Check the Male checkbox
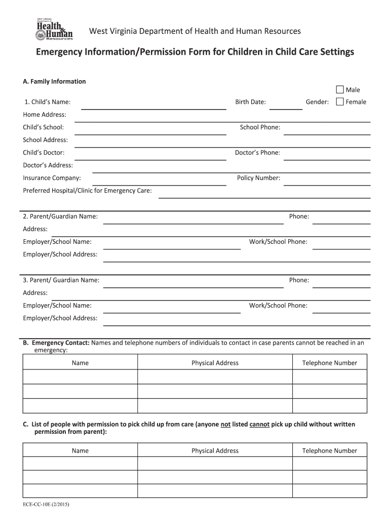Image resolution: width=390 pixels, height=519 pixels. click(x=340, y=90)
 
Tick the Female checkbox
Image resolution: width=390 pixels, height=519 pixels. click(x=340, y=101)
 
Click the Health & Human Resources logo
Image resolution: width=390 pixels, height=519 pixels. click(x=54, y=29)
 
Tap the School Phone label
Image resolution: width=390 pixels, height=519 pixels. click(x=260, y=127)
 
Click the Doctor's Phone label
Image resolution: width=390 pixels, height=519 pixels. click(x=257, y=153)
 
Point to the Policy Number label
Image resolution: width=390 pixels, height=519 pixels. click(x=258, y=178)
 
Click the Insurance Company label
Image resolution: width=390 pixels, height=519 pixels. click(x=52, y=178)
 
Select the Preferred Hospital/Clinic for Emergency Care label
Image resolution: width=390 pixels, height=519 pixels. click(x=87, y=191)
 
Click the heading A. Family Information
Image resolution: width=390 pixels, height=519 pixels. click(x=55, y=81)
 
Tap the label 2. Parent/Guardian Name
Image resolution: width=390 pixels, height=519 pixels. click(x=60, y=216)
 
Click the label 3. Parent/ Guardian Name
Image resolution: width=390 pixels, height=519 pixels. click(x=61, y=280)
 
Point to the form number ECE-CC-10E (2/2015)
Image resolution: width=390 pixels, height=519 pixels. click(x=50, y=505)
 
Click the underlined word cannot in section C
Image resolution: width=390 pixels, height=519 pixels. click(x=259, y=424)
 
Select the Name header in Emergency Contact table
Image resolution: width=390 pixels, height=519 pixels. click(x=80, y=363)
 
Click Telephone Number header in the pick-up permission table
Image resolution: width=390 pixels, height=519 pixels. click(x=329, y=451)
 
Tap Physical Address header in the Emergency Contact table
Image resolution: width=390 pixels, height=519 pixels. click(x=215, y=363)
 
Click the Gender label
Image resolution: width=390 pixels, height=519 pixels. click(x=317, y=102)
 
